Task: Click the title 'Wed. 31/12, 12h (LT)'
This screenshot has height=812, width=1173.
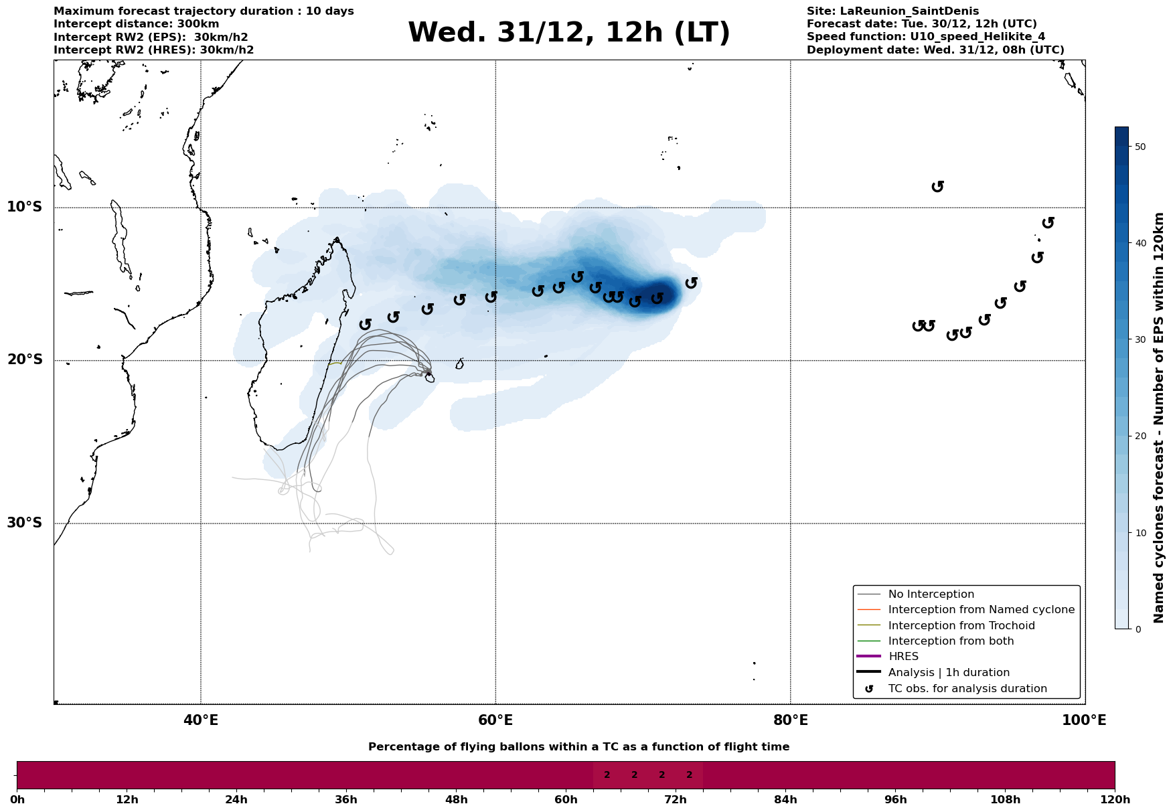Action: click(568, 33)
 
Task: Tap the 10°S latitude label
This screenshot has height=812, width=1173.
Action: click(25, 207)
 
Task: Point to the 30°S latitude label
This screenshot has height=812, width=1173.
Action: click(25, 523)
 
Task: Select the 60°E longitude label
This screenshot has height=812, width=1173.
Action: click(495, 720)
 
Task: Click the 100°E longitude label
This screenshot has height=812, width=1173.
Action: click(1084, 720)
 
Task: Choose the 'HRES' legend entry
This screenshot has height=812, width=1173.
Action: click(903, 657)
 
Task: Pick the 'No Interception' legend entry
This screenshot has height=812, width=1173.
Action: click(931, 594)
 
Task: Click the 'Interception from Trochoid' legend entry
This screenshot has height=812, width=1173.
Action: click(961, 626)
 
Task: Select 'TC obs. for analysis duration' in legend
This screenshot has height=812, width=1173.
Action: click(967, 689)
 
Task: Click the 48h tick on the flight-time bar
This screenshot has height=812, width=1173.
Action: click(456, 799)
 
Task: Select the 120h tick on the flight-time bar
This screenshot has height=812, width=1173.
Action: click(1114, 799)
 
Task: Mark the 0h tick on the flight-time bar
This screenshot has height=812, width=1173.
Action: click(17, 799)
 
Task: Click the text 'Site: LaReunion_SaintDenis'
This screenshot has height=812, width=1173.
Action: click(892, 11)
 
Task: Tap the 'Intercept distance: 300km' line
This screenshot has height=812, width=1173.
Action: click(136, 24)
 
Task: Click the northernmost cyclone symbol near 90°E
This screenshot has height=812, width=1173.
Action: click(937, 186)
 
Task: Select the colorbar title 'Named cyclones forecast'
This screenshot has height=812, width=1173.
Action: click(1159, 418)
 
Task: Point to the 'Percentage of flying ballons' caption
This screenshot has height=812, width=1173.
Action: click(578, 747)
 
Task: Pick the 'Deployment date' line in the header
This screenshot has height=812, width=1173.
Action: click(935, 50)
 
